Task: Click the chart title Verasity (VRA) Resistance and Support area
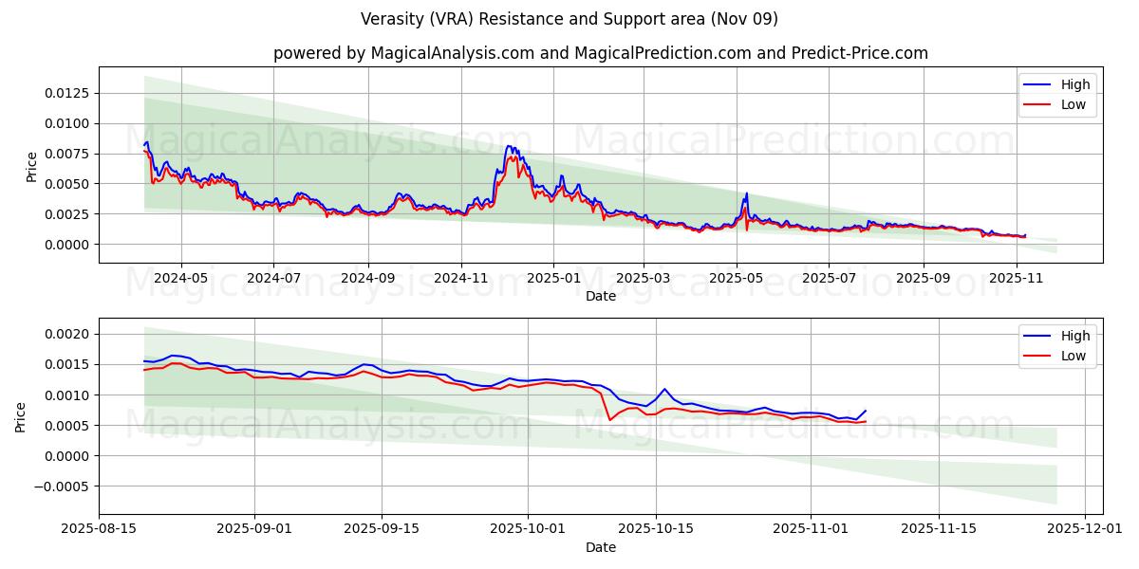click(x=569, y=19)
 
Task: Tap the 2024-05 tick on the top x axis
click(x=180, y=279)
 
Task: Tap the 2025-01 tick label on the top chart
click(x=552, y=279)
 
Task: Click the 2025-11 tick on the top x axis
click(x=1017, y=279)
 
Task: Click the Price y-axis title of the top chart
click(x=32, y=166)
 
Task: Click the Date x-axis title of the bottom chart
click(x=600, y=547)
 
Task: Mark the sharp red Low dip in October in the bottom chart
click(x=609, y=419)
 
